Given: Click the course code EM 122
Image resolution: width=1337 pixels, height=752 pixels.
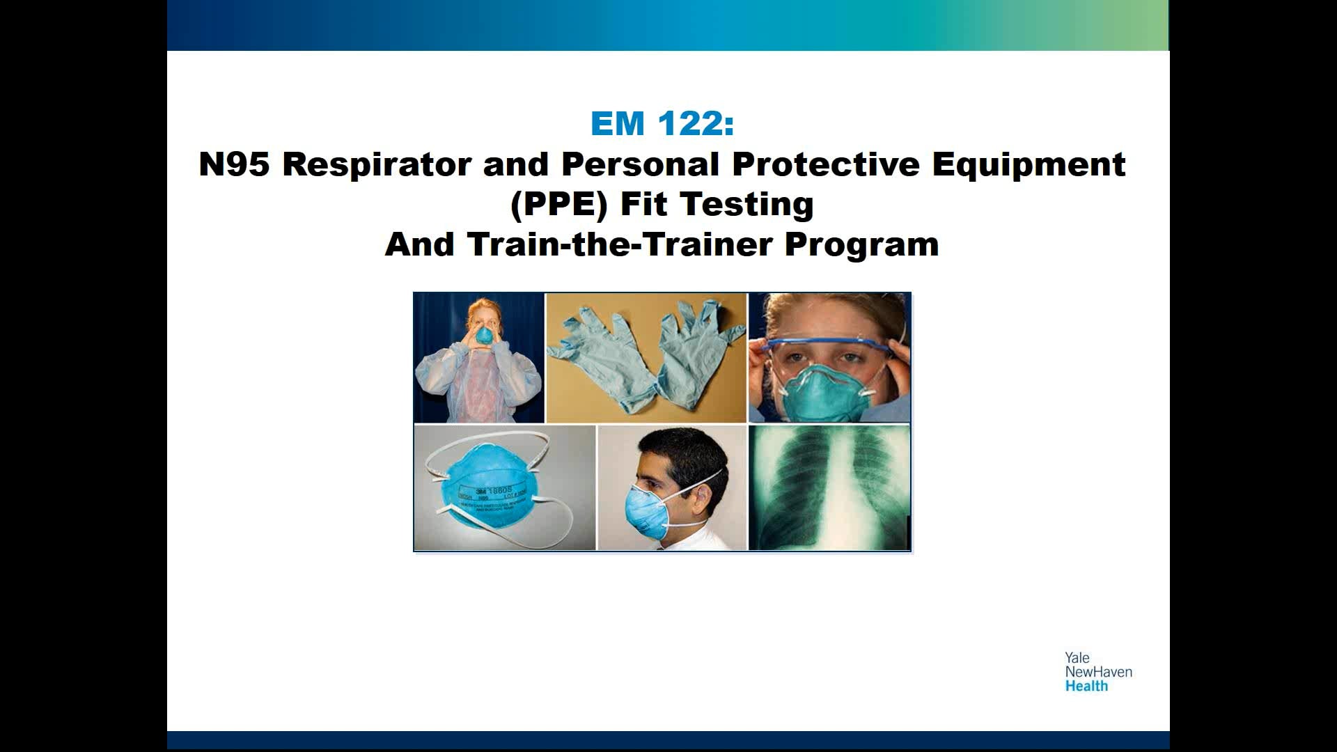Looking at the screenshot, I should (662, 124).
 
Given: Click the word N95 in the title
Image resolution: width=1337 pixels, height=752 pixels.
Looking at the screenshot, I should (233, 164).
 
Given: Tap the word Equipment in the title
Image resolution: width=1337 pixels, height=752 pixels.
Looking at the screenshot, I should (1029, 164).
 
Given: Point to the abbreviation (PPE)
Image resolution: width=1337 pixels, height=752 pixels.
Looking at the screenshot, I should (559, 205).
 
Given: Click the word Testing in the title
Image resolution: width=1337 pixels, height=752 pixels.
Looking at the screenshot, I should (746, 205).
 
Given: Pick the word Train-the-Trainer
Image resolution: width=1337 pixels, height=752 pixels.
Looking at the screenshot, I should (620, 244).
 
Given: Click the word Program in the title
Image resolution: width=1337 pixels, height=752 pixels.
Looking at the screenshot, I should (861, 244).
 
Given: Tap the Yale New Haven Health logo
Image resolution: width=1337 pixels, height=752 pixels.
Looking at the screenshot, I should (1097, 672).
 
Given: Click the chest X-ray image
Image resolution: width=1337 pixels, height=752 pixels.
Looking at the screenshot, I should (829, 487).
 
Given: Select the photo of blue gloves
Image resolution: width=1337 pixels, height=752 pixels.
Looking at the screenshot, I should (646, 357).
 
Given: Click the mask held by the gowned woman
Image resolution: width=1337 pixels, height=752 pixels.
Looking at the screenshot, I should (483, 336).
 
